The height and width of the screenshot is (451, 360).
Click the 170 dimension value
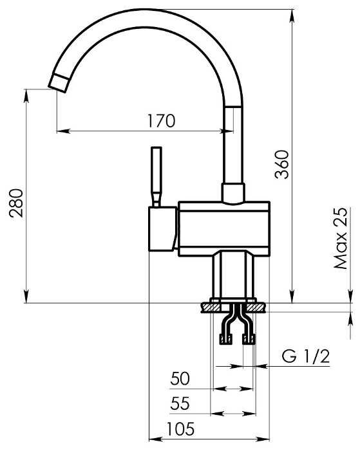(161, 121)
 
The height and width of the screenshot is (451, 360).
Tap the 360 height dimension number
(281, 165)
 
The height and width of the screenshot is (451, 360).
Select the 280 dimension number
(16, 203)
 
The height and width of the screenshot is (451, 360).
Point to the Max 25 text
(341, 238)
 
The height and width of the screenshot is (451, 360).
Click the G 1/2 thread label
(305, 356)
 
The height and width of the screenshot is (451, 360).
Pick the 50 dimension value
(180, 378)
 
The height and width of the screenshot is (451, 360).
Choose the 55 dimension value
(180, 403)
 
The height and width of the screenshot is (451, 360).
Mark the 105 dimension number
(180, 429)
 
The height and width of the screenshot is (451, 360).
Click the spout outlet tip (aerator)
(59, 84)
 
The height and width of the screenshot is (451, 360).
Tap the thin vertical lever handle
(156, 176)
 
